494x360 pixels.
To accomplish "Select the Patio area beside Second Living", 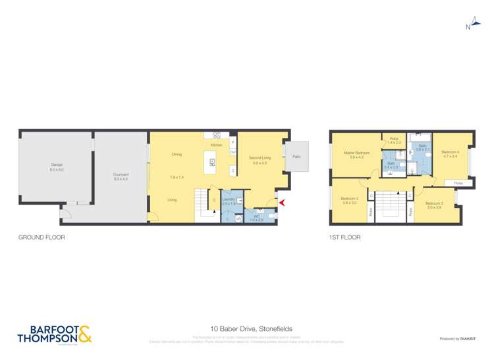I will click(x=296, y=157).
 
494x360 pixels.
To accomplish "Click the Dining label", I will click(x=177, y=154).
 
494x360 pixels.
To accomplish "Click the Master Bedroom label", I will click(x=356, y=153).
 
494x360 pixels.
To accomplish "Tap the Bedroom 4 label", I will click(x=451, y=153).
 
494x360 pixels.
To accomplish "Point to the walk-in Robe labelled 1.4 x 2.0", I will click(x=394, y=141).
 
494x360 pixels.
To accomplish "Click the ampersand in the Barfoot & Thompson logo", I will click(x=86, y=335).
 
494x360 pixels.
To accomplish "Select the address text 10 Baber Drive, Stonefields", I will click(x=247, y=328).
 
